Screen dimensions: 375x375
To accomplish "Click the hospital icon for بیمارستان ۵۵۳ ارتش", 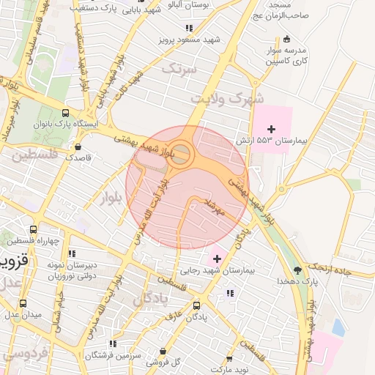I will (x=272, y=129).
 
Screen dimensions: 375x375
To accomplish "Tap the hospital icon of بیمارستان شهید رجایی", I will (x=217, y=259).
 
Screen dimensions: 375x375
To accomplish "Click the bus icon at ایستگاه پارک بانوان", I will (x=66, y=114).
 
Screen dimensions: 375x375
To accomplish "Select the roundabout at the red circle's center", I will (x=182, y=155).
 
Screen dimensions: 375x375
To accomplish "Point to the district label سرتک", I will (x=179, y=70).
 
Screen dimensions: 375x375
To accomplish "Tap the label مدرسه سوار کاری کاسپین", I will (x=286, y=57).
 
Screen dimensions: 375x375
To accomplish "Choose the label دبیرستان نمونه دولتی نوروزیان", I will (x=72, y=269).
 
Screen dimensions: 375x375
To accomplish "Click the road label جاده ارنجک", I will (x=354, y=270).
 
